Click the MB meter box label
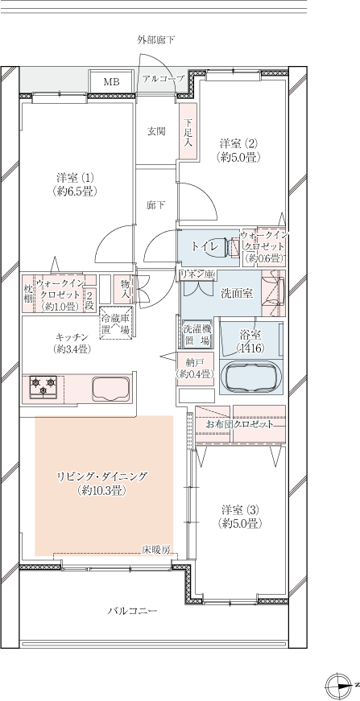coord(112,82)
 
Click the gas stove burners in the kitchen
coord(43,386)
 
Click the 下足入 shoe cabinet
coord(188,130)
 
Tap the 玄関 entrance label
coord(156,131)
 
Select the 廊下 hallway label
coord(155,205)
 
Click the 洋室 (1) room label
coord(75,177)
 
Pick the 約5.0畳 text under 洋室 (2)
coord(238,157)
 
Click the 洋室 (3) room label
coord(240,510)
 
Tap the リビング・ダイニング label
coord(101,476)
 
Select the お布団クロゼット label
coord(239,425)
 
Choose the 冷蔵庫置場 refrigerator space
coord(116,323)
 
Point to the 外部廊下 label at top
coord(156,40)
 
